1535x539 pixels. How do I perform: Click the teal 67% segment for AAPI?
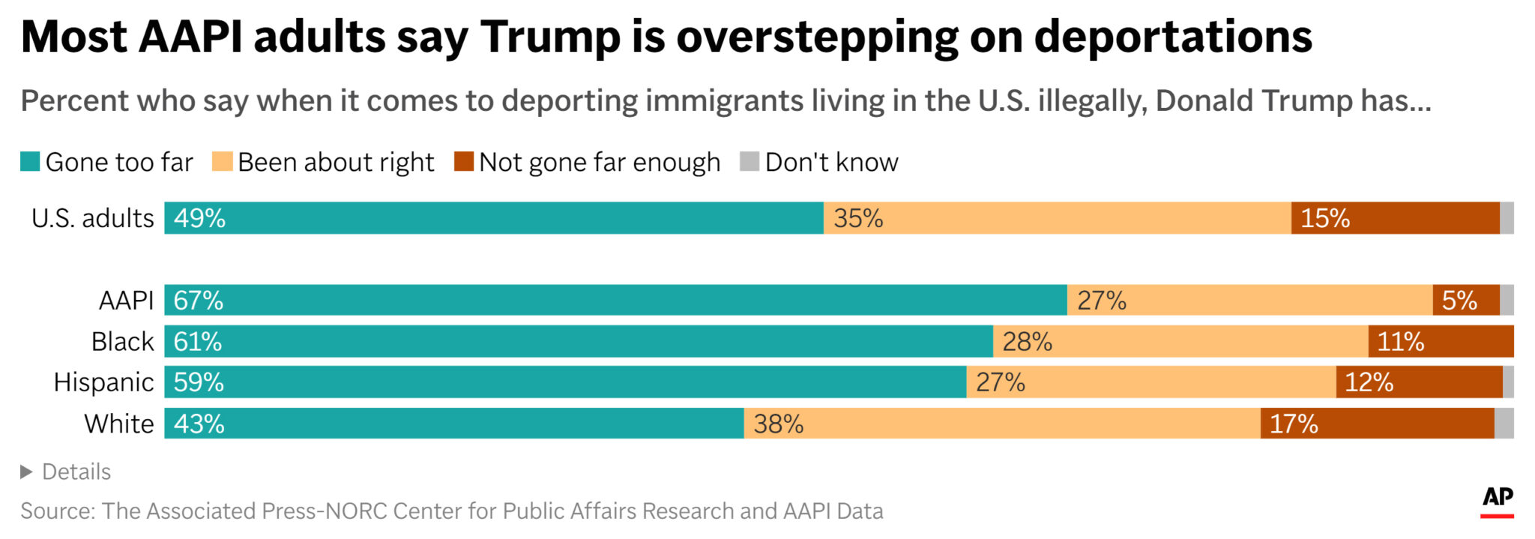[615, 300]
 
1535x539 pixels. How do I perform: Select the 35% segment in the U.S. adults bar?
[1057, 218]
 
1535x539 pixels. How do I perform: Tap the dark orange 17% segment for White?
[1377, 424]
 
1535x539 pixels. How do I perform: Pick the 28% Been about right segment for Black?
[1180, 341]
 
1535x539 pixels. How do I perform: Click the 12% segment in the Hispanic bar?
[1419, 382]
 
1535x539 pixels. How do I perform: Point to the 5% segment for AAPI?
[1465, 300]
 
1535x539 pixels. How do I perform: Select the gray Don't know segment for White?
[1504, 424]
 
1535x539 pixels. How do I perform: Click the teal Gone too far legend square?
[30, 161]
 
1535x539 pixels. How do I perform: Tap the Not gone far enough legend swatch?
[464, 161]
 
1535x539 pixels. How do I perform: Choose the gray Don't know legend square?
[749, 161]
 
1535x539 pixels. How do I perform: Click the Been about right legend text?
[336, 162]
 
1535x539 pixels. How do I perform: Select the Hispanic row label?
[103, 382]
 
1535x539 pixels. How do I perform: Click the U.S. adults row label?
[92, 218]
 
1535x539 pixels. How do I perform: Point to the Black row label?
[122, 341]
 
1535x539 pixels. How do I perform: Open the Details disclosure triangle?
[27, 472]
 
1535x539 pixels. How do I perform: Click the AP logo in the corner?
[1497, 499]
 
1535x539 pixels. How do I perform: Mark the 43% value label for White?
[199, 424]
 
